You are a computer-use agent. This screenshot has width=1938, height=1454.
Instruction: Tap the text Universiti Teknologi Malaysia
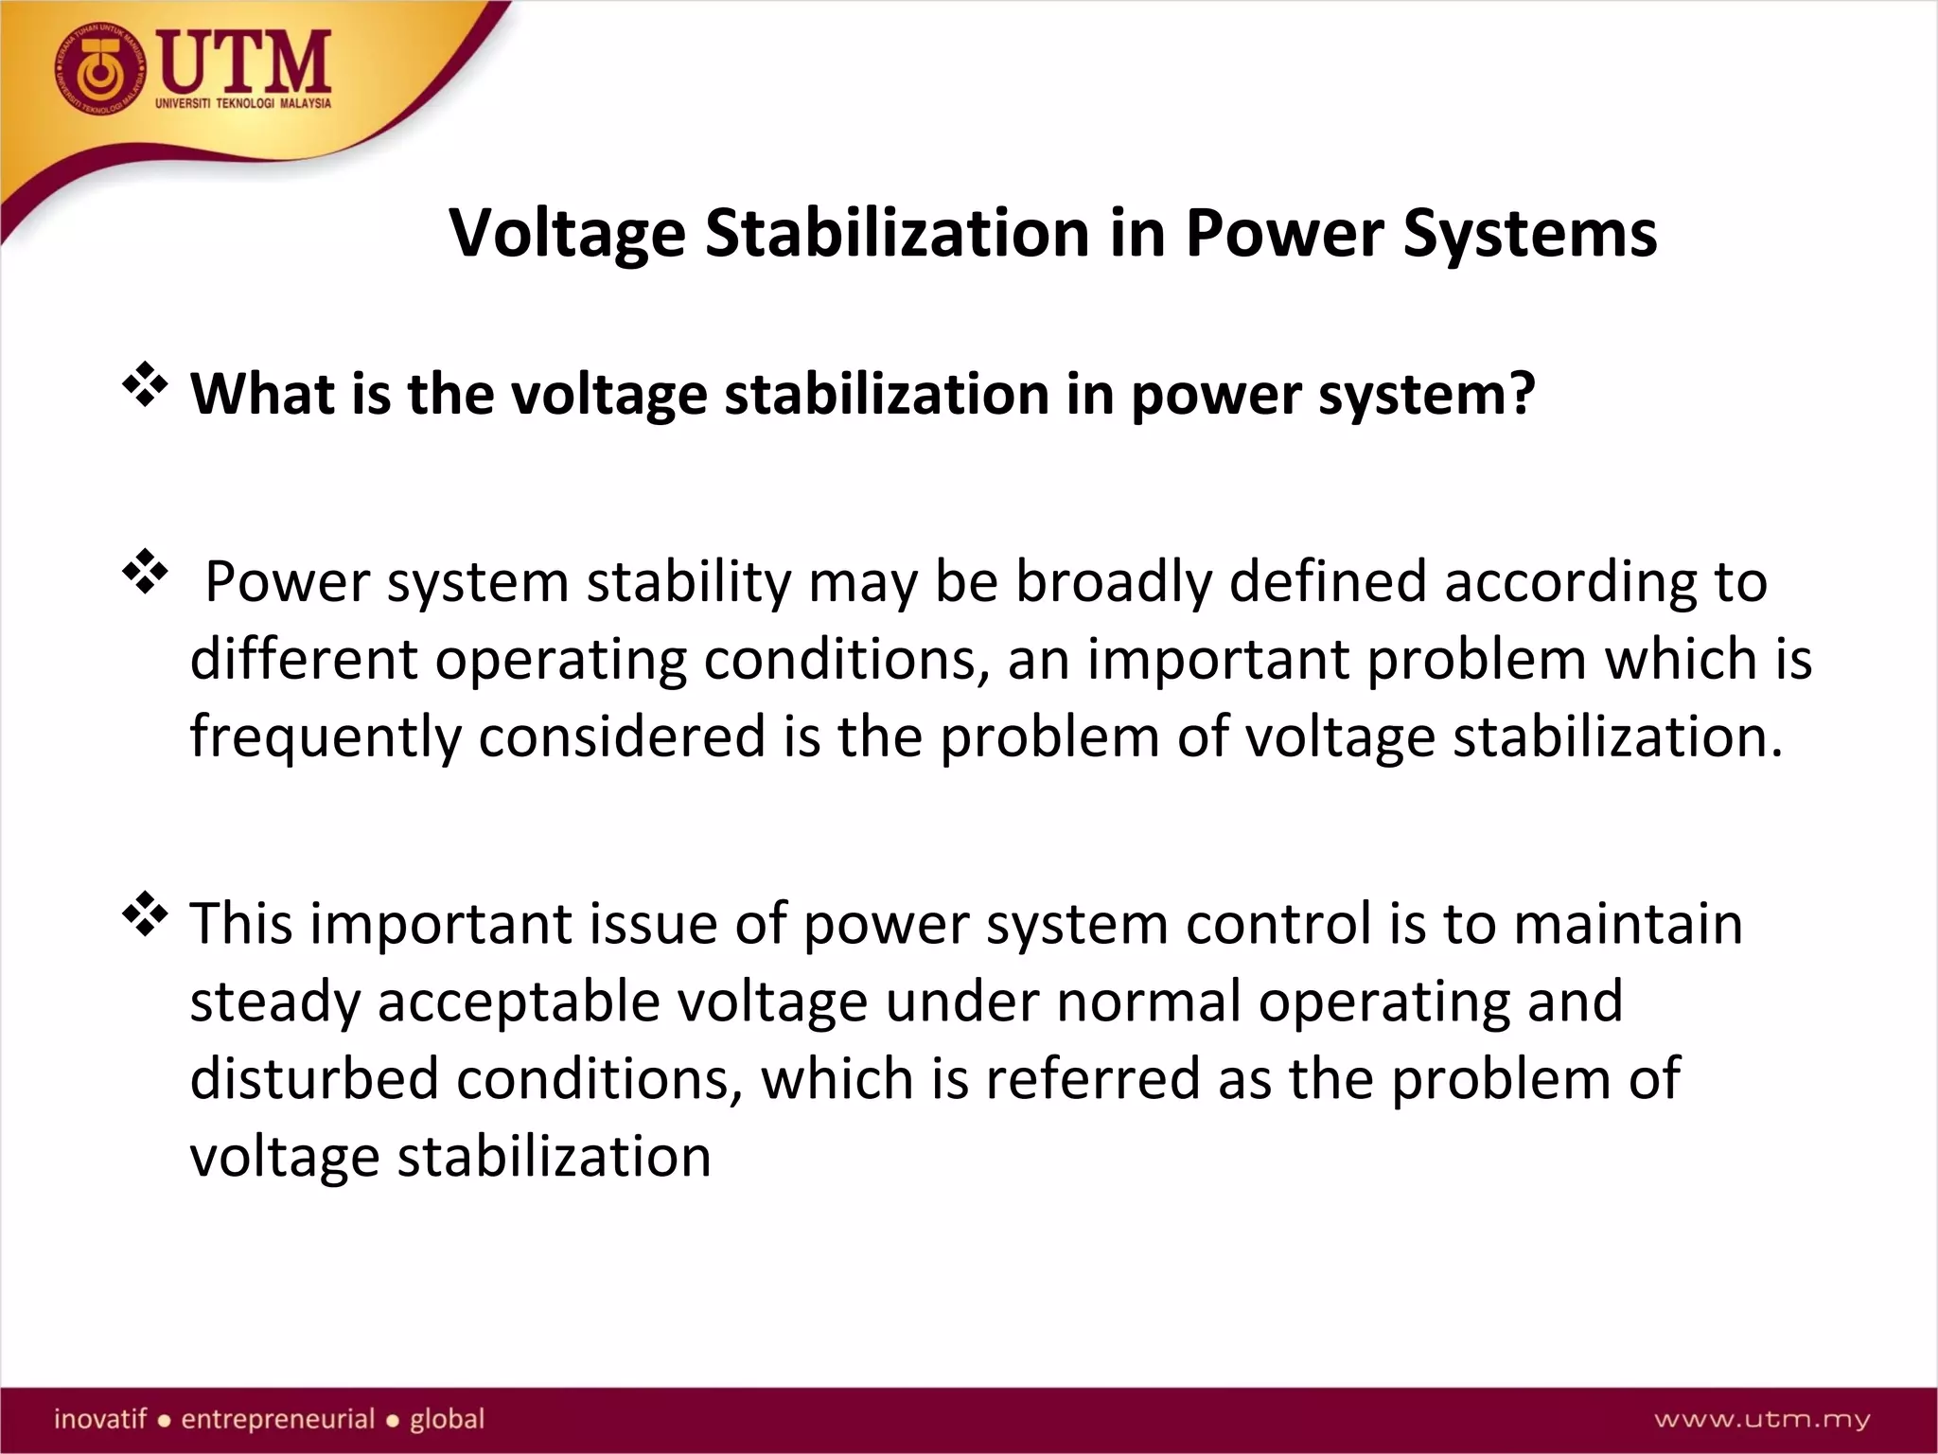coord(243,103)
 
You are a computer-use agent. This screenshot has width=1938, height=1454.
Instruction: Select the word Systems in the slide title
coord(1529,233)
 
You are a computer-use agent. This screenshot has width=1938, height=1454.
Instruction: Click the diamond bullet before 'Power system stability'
coord(145,572)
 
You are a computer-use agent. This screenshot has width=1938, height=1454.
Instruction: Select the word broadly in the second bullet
coord(1113,581)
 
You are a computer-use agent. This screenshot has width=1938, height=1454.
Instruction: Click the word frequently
coord(325,737)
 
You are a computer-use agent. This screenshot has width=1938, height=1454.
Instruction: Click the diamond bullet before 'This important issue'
coord(145,914)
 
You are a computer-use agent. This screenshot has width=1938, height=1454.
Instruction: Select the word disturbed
coord(313,1079)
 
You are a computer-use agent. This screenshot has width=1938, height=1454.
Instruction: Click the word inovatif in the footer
coord(100,1419)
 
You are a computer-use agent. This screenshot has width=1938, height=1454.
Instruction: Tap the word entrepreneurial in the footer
coord(278,1419)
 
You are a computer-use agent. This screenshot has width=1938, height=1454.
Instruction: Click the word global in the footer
coord(447,1419)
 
